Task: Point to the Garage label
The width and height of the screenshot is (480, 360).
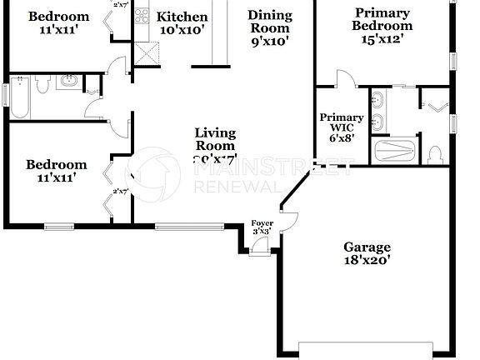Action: pyautogui.click(x=367, y=247)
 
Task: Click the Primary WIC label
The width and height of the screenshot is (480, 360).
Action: pyautogui.click(x=342, y=123)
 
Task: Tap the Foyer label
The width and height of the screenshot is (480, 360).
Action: pyautogui.click(x=262, y=223)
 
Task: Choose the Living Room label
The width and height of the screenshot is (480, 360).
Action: pyautogui.click(x=215, y=139)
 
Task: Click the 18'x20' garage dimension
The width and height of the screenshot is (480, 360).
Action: pyautogui.click(x=367, y=260)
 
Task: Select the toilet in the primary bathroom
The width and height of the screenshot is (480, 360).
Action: pyautogui.click(x=435, y=154)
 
